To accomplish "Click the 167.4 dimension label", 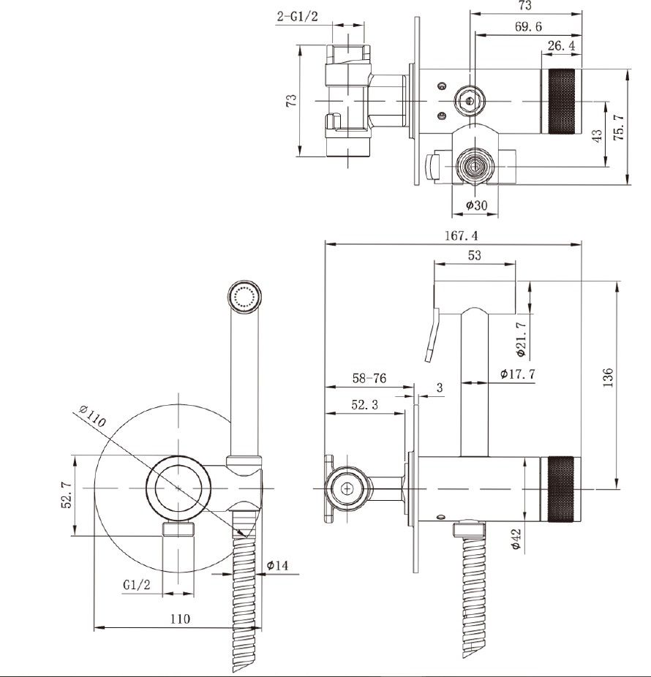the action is click(x=462, y=235).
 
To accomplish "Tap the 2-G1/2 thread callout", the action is click(x=297, y=16).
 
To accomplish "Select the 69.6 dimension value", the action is click(x=528, y=27).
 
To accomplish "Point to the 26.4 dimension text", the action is click(x=561, y=46).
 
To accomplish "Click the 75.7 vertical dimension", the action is click(x=619, y=127).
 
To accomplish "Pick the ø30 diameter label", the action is click(x=476, y=205).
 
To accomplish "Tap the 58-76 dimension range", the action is click(x=369, y=378).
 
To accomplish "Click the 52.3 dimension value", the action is click(x=364, y=404).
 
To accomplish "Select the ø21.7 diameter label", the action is click(x=522, y=339).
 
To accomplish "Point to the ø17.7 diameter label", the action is click(x=518, y=374).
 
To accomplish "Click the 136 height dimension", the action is click(x=608, y=377).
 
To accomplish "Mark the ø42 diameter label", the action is click(x=516, y=540).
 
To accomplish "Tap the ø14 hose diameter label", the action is click(x=277, y=565).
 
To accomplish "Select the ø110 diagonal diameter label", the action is click(x=92, y=415).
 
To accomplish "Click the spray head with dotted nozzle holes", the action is click(x=244, y=296).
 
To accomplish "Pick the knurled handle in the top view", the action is click(x=561, y=102).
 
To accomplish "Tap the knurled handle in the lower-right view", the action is click(x=561, y=488).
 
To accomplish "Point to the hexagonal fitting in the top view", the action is click(x=469, y=102).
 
